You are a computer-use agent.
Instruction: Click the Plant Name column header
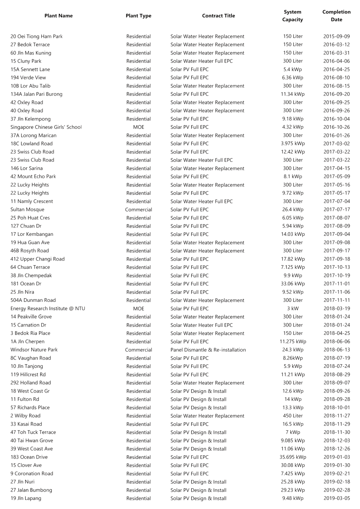pos(58,16)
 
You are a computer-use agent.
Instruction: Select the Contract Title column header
pos(218,16)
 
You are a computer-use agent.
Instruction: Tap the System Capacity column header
pos(292,16)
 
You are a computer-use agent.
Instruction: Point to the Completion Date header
pos(336,16)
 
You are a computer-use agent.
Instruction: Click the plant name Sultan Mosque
pos(27,210)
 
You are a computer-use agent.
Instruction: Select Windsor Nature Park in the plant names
pos(34,350)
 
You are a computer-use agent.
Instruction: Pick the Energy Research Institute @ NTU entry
pos(48,309)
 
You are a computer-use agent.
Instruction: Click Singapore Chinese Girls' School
pos(46,127)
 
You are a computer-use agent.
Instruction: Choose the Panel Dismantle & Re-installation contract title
pos(208,350)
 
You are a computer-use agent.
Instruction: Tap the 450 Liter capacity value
pos(292,416)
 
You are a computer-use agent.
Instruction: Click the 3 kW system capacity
pos(292,309)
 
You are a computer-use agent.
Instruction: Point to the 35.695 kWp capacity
pos(292,457)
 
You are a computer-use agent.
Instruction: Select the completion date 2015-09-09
pos(336,37)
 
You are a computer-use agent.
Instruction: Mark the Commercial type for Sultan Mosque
pos(138,210)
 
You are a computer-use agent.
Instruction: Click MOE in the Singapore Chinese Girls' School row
pos(138,127)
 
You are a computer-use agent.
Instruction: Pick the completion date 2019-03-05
pos(336,499)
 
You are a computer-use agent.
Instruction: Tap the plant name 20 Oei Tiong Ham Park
pos(36,37)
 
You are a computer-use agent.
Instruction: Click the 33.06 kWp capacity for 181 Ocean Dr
pos(292,284)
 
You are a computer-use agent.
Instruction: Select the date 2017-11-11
pos(336,300)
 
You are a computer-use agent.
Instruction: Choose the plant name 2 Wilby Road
pos(25,416)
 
